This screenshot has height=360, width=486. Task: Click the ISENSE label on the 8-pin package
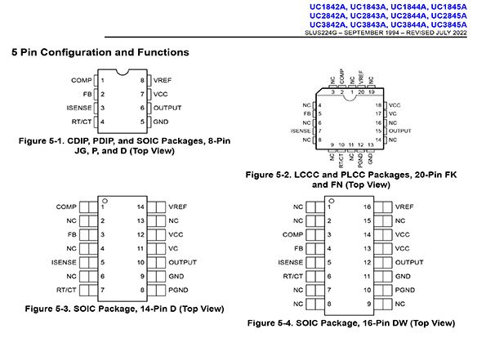79,108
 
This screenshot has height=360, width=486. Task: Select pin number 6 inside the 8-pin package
142,108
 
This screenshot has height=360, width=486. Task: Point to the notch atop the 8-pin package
123,72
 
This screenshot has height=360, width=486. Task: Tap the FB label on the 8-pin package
87,94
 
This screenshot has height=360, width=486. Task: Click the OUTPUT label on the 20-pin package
400,131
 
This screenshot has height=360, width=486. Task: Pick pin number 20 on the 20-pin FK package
361,92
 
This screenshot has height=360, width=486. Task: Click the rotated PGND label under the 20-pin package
360,160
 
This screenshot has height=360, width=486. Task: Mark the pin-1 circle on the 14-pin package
105,201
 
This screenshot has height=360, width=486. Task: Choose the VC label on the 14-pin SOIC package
173,248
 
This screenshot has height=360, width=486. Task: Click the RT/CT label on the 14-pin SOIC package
66,290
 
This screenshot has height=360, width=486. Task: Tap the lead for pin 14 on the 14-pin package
156,207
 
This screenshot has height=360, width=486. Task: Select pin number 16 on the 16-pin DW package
368,207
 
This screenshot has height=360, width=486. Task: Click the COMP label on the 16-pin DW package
292,234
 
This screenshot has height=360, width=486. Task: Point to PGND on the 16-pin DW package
405,290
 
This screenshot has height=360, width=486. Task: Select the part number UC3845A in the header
448,24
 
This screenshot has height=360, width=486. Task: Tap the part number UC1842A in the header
328,7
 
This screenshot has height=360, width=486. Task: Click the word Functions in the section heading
163,52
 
